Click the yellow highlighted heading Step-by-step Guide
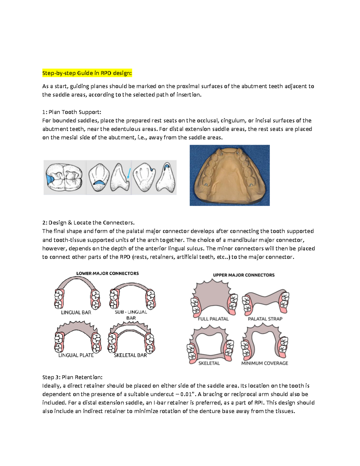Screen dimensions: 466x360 (87, 73)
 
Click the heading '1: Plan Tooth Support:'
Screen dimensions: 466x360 (72, 112)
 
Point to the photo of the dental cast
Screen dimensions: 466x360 (229, 175)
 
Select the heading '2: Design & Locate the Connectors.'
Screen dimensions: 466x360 (88, 223)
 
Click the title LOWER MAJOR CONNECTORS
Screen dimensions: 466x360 (107, 273)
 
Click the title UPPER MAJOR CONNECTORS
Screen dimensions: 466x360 (244, 275)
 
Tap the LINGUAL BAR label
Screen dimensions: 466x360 (76, 312)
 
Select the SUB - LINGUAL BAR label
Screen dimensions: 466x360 (131, 315)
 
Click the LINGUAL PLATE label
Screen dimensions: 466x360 (76, 355)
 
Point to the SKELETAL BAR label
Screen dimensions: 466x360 (130, 355)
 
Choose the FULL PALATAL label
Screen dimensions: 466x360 (213, 319)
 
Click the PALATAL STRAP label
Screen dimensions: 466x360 (265, 319)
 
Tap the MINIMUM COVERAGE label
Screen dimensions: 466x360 (265, 363)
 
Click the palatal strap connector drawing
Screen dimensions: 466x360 (265, 300)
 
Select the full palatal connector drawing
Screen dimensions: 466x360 (211, 296)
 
